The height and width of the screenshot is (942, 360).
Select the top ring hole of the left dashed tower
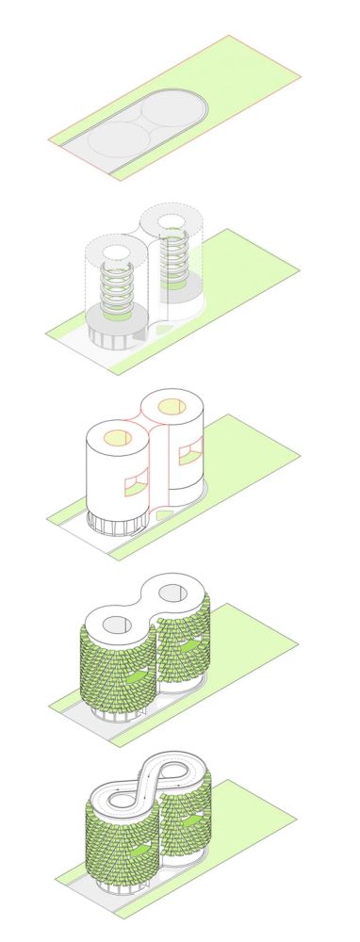119,254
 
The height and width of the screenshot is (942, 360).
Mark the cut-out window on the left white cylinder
135,483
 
